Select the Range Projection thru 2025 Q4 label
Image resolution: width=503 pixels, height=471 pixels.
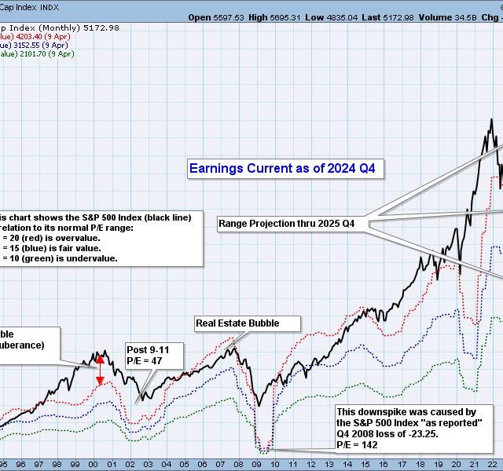pyautogui.click(x=286, y=224)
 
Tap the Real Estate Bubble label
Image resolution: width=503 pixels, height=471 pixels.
pyautogui.click(x=237, y=323)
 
